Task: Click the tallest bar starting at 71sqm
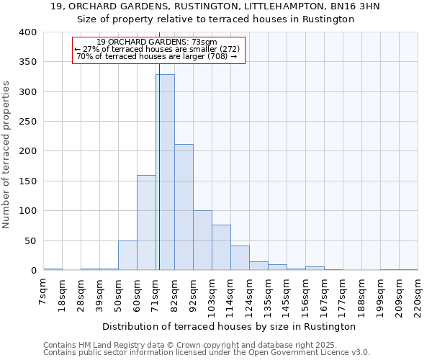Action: [165, 173]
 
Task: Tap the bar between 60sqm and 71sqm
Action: [146, 222]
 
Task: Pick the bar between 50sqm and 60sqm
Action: [127, 256]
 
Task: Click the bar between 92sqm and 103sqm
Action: [202, 240]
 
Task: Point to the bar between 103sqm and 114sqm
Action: [221, 248]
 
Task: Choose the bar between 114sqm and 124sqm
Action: [240, 258]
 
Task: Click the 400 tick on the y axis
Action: [27, 32]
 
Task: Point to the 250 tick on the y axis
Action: [27, 122]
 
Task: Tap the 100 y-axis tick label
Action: [27, 211]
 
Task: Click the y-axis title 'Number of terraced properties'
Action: [7, 155]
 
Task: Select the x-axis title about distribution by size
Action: [230, 326]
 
